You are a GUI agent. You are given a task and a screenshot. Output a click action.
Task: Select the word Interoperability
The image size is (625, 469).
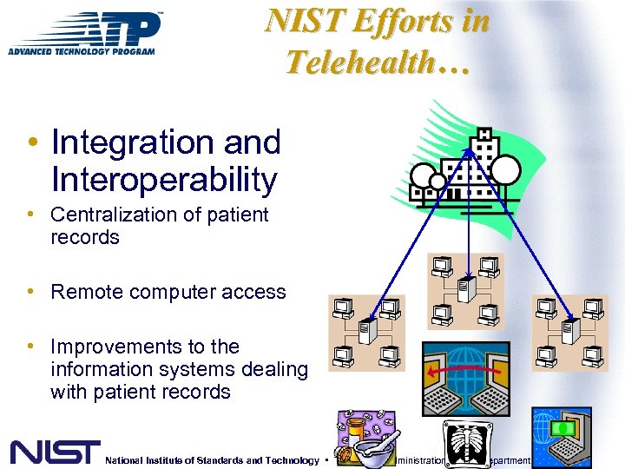point(165,180)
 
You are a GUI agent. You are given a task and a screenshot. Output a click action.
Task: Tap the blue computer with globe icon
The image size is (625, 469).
point(562,437)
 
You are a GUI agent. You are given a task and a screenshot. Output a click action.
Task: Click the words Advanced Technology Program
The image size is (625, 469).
point(82,51)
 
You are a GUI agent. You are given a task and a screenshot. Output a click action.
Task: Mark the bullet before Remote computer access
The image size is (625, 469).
point(30,292)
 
